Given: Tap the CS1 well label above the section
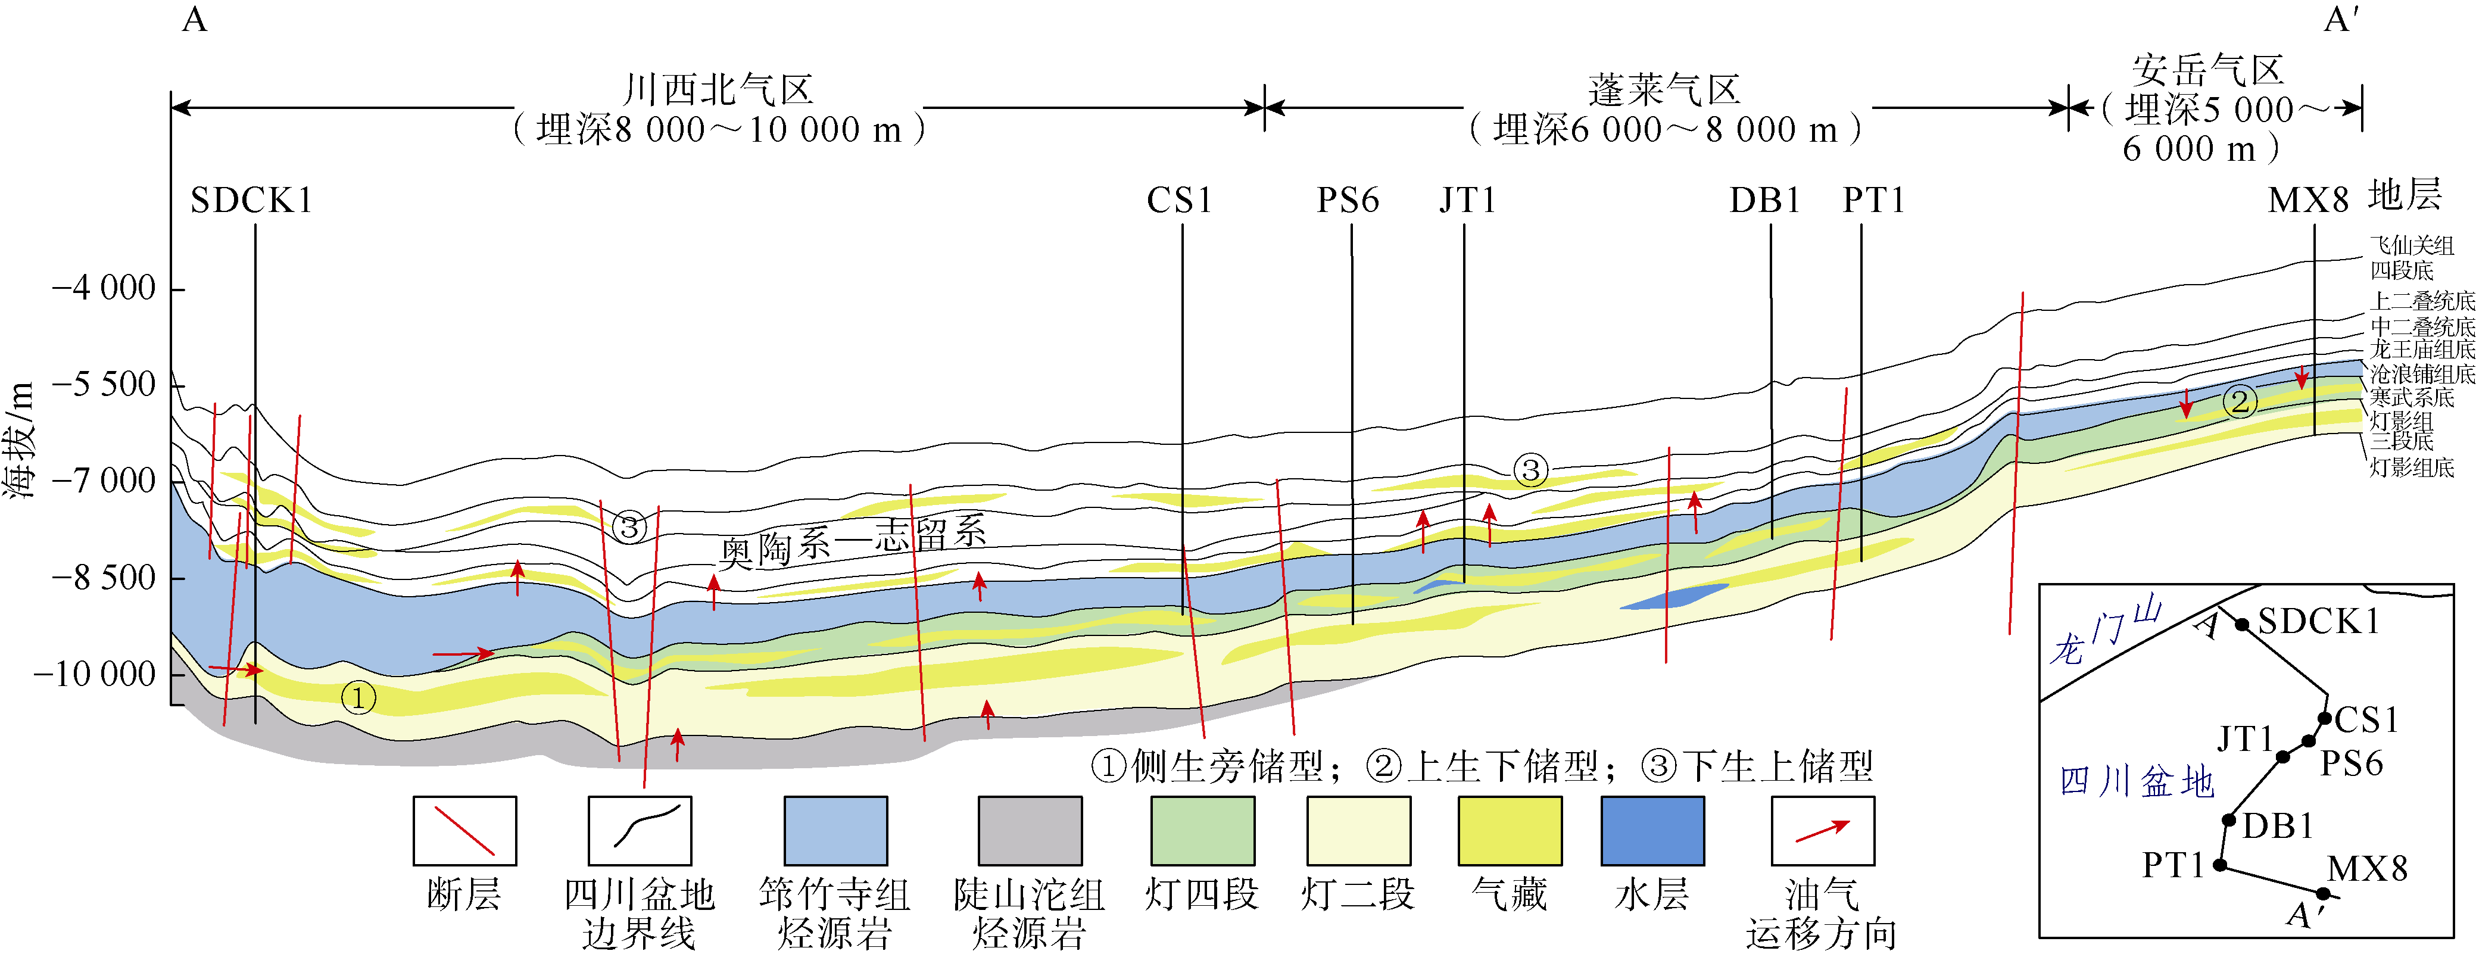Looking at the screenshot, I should click(x=1180, y=201).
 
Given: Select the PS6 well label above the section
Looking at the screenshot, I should click(x=1348, y=201).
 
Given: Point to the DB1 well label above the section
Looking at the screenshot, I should click(x=1765, y=201).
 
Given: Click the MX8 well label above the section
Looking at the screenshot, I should click(x=2308, y=201).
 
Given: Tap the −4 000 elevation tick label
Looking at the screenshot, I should click(x=104, y=288).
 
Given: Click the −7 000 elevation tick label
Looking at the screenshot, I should click(x=104, y=481).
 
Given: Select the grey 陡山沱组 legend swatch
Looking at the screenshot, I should click(x=1030, y=830).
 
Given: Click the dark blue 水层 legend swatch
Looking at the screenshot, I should click(x=1652, y=830).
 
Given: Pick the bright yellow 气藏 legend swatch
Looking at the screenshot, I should click(x=1509, y=830).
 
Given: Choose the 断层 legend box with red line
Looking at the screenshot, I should click(x=464, y=830).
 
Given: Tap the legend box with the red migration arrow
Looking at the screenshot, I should click(x=1822, y=830).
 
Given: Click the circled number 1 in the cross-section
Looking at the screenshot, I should click(x=358, y=697).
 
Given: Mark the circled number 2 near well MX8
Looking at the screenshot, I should click(x=2240, y=401).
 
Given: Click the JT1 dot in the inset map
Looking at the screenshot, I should click(x=2283, y=757).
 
